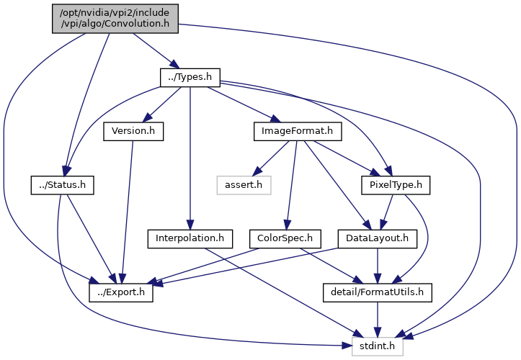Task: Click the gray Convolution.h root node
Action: tap(115, 18)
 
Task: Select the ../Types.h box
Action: tap(190, 77)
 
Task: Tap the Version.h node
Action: tap(133, 131)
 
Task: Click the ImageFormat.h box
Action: tap(298, 131)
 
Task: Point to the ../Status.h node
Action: tap(63, 184)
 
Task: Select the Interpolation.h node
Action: tap(190, 238)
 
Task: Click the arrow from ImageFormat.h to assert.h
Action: tap(275, 158)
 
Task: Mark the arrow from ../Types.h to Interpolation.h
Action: tap(190, 158)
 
